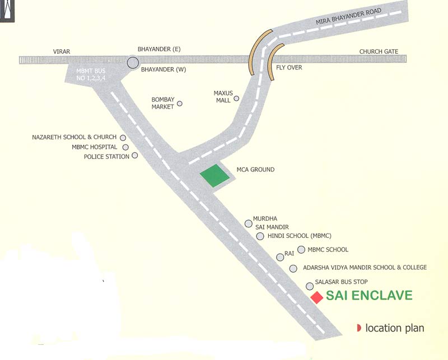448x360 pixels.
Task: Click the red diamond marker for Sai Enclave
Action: tap(317, 297)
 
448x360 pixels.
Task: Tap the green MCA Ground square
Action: tap(216, 176)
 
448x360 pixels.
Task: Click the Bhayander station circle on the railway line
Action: tap(133, 63)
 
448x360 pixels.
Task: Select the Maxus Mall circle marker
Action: tap(236, 99)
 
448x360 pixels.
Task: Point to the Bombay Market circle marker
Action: tap(180, 104)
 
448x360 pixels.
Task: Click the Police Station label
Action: tap(106, 157)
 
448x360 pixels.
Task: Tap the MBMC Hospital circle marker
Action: tap(125, 147)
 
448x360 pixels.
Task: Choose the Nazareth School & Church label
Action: tap(74, 137)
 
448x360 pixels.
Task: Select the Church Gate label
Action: tap(379, 52)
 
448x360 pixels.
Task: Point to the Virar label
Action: tap(61, 51)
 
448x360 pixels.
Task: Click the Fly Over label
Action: tap(289, 68)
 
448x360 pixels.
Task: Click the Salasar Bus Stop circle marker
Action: tap(309, 286)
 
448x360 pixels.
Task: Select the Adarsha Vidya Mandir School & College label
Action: tap(365, 268)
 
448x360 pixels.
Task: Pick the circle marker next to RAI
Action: tap(280, 257)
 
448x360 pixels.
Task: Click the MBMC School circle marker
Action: tap(301, 249)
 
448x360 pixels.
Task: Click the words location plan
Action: tap(395, 328)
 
